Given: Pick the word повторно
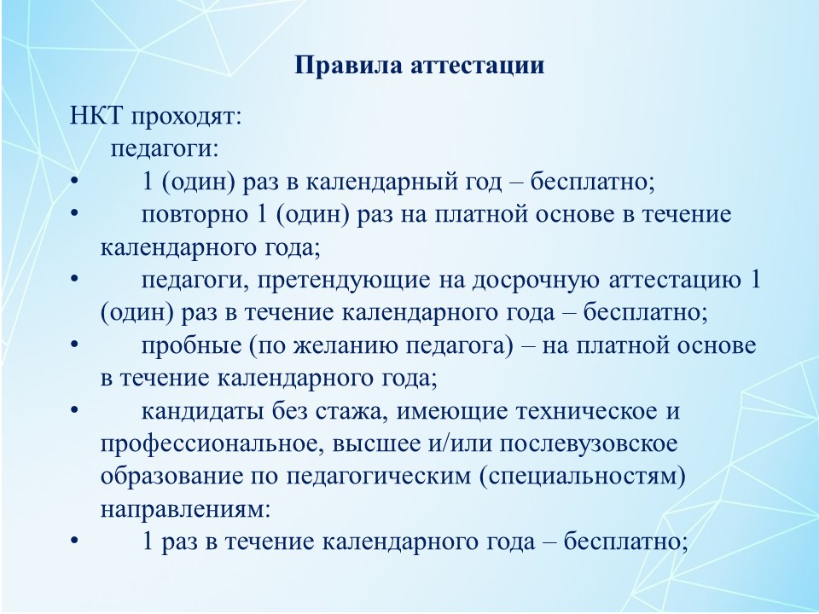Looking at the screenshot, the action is (x=195, y=215).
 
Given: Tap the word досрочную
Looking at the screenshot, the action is (x=536, y=281).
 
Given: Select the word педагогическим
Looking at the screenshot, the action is (x=379, y=478).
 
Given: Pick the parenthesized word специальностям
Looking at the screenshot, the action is (x=583, y=478).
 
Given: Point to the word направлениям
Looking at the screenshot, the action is (x=185, y=510).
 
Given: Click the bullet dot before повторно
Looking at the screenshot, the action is (x=74, y=213).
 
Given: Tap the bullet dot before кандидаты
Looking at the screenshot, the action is (x=74, y=410).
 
